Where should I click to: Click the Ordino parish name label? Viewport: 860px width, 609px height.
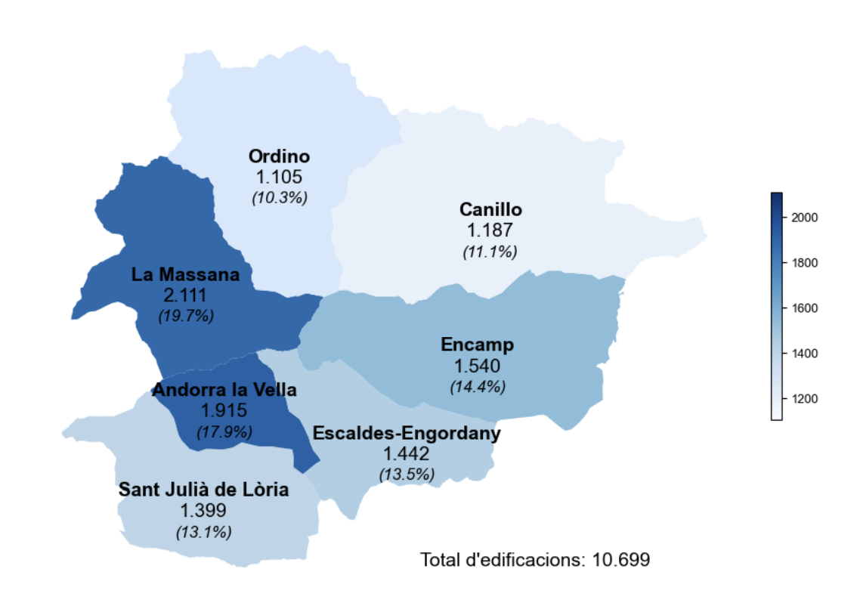coord(279,156)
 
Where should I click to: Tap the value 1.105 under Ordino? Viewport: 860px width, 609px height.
coord(279,177)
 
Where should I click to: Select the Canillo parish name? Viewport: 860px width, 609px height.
coord(490,209)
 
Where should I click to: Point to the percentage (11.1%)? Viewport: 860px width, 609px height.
coord(490,252)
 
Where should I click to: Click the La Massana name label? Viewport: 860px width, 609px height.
coord(185,274)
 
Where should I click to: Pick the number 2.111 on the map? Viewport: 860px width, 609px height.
coord(185,295)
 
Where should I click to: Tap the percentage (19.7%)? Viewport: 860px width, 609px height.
coord(186,316)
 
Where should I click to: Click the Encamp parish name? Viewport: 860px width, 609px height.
coord(477,345)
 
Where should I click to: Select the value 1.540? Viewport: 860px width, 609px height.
coord(477,366)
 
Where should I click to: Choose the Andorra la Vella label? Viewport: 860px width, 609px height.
coord(224,390)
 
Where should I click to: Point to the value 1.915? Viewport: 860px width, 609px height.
coord(224,410)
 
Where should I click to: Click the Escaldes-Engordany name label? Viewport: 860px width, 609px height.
coord(407,434)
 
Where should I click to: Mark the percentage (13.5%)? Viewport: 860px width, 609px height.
coord(407,475)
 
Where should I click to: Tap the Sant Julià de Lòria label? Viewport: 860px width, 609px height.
coord(203,490)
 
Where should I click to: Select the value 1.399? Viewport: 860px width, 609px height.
coord(203,511)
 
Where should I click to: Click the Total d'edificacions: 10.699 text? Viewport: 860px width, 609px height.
coord(535,560)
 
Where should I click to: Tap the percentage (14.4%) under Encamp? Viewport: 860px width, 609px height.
coord(478,386)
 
